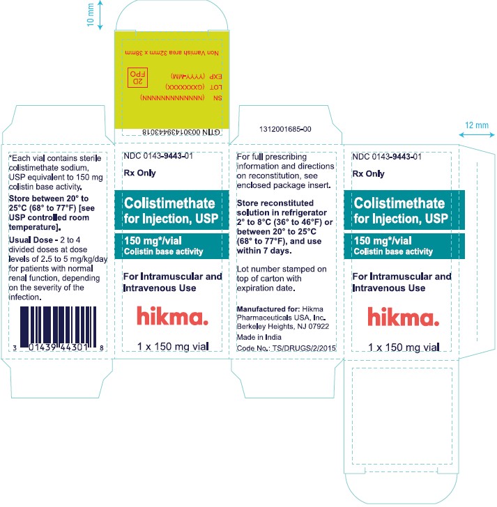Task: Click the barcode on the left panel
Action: point(59,328)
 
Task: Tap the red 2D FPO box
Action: point(137,77)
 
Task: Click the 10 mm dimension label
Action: point(91,15)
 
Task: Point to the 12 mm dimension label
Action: point(477,125)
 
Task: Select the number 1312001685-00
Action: point(285,129)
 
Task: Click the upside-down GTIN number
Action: point(181,132)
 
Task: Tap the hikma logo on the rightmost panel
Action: point(403,316)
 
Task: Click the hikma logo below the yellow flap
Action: point(172,315)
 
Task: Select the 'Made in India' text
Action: point(259,337)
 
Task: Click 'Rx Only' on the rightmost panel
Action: point(368,174)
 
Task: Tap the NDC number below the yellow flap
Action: point(158,156)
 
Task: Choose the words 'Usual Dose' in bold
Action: point(31,240)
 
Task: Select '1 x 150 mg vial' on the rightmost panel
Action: point(404,348)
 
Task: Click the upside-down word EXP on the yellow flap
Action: point(216,77)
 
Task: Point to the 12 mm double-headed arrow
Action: point(477,134)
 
